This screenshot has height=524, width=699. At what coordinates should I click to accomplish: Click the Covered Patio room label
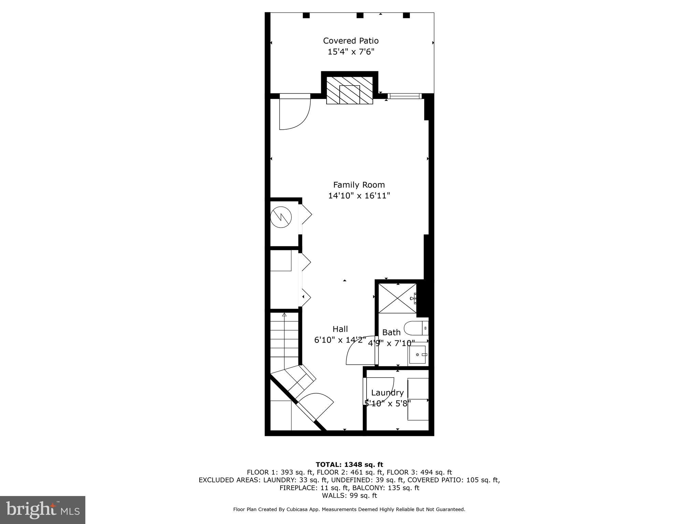(351, 41)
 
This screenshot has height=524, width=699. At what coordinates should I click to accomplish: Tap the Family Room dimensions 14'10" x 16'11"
(359, 196)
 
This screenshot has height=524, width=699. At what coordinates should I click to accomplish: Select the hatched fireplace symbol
(349, 90)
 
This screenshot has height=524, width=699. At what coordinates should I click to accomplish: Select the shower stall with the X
(397, 298)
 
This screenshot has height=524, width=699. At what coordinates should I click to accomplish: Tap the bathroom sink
(418, 355)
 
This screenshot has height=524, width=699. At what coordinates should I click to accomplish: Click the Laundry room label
(387, 393)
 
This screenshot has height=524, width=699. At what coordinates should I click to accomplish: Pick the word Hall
(340, 329)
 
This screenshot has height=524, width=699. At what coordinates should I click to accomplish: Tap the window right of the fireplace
(405, 96)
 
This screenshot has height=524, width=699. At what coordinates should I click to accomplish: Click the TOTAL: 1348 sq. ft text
(349, 465)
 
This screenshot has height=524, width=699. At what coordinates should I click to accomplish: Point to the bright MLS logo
(42, 510)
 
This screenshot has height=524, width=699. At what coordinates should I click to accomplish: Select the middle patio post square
(360, 15)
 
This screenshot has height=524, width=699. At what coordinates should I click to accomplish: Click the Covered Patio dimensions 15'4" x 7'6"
(351, 52)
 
